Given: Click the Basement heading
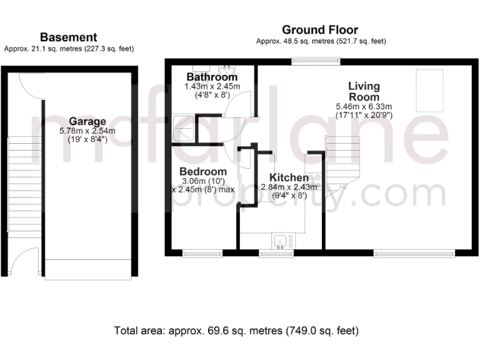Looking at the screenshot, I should (x=68, y=37).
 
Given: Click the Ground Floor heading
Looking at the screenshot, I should (x=320, y=29).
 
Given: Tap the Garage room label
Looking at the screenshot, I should (x=87, y=121).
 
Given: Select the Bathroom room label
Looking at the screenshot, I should (x=212, y=77).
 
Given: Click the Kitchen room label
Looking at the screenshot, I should (x=288, y=177).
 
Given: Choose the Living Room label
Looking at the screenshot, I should (x=364, y=91).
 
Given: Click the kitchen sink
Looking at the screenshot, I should (x=283, y=241).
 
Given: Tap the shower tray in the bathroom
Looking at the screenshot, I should (x=184, y=129).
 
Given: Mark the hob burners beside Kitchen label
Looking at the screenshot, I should (x=314, y=178).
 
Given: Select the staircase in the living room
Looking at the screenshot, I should (x=339, y=164).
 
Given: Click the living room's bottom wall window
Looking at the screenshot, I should (x=414, y=253).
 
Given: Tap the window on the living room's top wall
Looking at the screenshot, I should (x=307, y=61).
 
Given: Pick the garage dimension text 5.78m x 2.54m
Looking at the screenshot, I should (x=87, y=131).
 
